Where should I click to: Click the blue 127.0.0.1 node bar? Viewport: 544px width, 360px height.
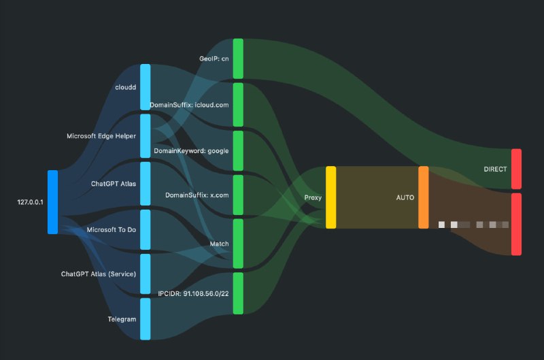click(x=52, y=202)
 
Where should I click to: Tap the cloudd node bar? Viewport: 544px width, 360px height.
click(x=145, y=87)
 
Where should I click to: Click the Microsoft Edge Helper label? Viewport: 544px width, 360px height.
click(x=101, y=136)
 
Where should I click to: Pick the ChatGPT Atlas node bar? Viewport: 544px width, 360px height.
click(x=145, y=183)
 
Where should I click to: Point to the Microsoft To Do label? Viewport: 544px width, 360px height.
click(x=112, y=230)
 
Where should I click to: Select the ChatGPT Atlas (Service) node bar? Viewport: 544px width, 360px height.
click(x=145, y=274)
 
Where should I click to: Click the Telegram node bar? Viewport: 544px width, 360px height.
click(x=145, y=318)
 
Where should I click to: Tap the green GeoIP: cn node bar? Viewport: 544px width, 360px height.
click(x=238, y=59)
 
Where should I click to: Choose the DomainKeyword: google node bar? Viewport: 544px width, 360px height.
click(x=238, y=150)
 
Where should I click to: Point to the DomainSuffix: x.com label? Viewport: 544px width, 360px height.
click(x=197, y=195)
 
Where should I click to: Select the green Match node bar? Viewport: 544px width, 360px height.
click(x=238, y=243)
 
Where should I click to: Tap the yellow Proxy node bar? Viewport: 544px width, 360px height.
click(x=330, y=197)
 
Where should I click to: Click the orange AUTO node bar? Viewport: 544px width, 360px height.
click(x=423, y=197)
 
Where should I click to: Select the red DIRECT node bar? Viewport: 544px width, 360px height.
click(x=516, y=169)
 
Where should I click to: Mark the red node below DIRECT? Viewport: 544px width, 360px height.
click(x=516, y=224)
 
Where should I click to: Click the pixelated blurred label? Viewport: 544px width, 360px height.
click(x=473, y=224)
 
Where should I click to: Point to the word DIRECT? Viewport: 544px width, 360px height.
click(x=495, y=169)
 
